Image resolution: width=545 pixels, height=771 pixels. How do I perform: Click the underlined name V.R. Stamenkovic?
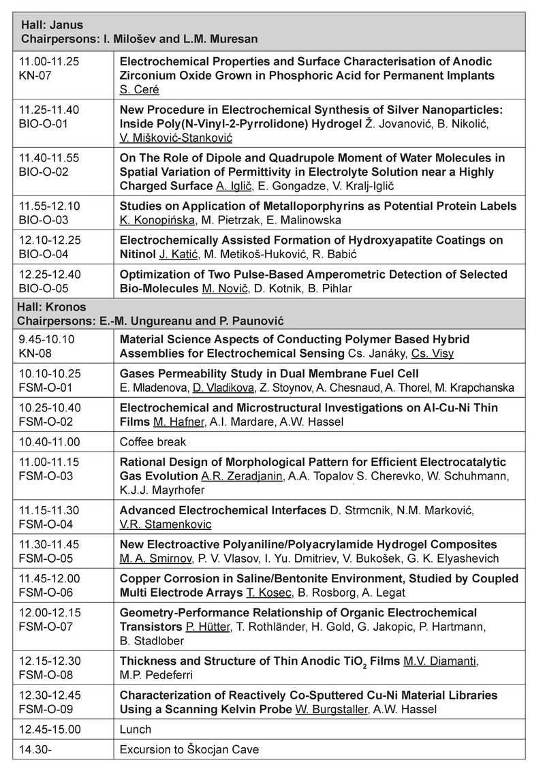pyautogui.click(x=166, y=524)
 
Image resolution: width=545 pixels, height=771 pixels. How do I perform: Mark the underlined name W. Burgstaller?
pyautogui.click(x=330, y=708)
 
